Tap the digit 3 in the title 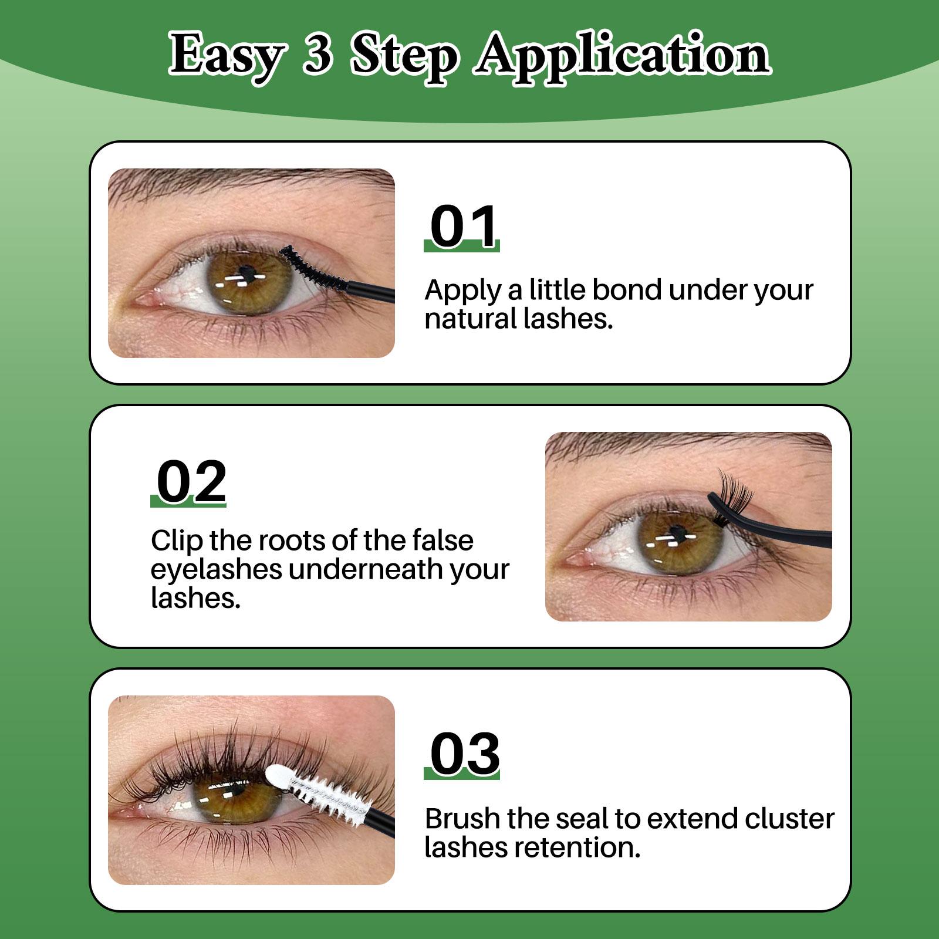click(x=317, y=55)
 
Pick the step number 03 click(x=464, y=754)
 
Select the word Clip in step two click(x=174, y=541)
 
